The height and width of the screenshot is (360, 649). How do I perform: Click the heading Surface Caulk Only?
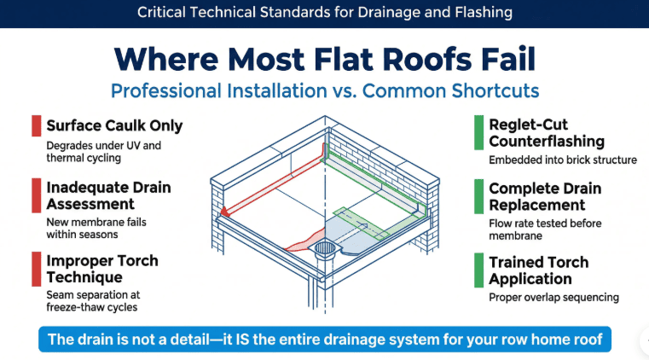(x=114, y=125)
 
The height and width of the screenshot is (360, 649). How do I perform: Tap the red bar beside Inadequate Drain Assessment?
(x=36, y=195)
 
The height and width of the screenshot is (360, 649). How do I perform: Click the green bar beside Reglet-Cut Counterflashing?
(x=478, y=131)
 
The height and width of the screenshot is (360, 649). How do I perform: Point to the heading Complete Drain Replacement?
(x=545, y=196)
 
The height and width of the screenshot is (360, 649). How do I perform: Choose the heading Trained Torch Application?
(x=538, y=270)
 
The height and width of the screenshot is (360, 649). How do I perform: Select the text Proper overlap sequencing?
(x=553, y=298)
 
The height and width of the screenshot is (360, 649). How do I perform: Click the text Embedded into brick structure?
(x=563, y=160)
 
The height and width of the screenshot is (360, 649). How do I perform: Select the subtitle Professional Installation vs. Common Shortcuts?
(x=325, y=90)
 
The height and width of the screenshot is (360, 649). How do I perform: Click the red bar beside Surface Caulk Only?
(x=36, y=125)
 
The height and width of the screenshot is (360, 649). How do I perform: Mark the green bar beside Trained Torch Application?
(x=478, y=270)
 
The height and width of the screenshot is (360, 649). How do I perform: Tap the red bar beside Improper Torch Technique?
(x=36, y=270)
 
